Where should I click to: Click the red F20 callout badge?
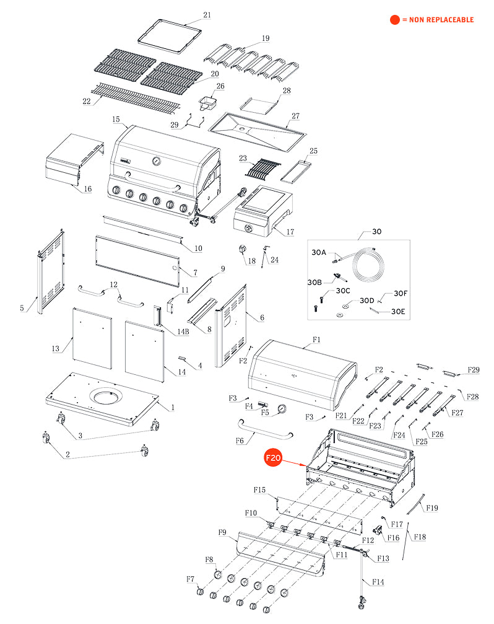click(x=274, y=459)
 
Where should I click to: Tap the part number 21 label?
click(x=207, y=14)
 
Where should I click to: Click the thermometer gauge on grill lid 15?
click(x=155, y=162)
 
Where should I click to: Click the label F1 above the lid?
click(x=316, y=340)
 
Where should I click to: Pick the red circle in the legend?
click(x=394, y=20)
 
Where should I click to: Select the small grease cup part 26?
click(x=208, y=102)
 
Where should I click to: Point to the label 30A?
click(x=318, y=253)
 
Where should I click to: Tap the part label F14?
click(x=378, y=582)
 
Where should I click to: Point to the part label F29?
click(x=474, y=370)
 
